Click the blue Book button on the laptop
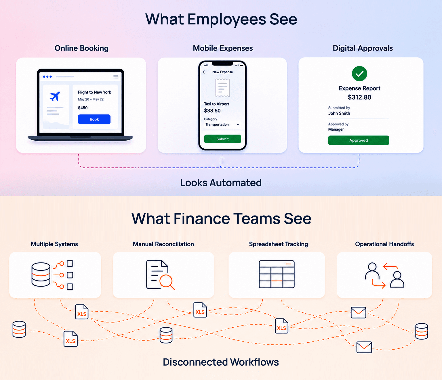click(x=94, y=119)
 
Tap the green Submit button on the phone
click(x=222, y=139)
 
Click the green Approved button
click(x=359, y=140)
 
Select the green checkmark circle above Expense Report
click(x=359, y=74)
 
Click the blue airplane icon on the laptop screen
click(x=55, y=96)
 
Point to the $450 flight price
click(x=83, y=108)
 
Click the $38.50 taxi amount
click(x=212, y=111)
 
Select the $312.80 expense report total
click(x=359, y=97)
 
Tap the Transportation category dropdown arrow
click(x=238, y=124)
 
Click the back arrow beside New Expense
click(x=204, y=72)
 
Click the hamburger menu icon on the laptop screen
click(x=115, y=77)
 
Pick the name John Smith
click(x=339, y=113)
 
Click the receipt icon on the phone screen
click(x=223, y=88)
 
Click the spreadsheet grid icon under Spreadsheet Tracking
click(x=277, y=274)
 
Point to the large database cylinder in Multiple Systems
click(x=41, y=275)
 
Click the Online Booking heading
click(x=81, y=48)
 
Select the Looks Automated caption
click(x=221, y=183)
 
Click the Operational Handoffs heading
click(x=384, y=244)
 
